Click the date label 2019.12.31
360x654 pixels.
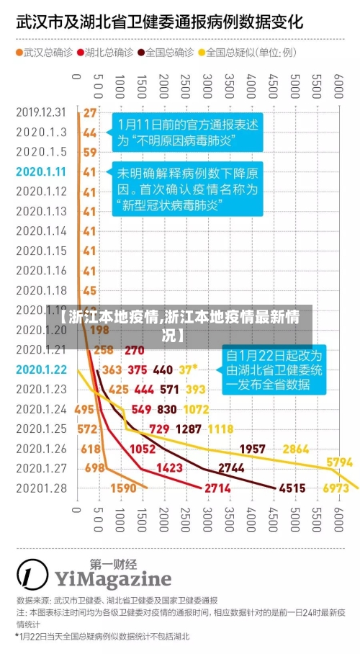click(x=41, y=112)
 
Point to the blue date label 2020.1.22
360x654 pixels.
click(x=41, y=369)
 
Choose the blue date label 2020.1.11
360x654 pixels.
click(x=41, y=171)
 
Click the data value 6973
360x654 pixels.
click(x=336, y=488)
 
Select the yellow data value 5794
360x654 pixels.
click(x=339, y=462)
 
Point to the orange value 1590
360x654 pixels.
click(x=123, y=488)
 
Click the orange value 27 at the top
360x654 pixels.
click(x=89, y=112)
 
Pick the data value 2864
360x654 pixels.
click(x=296, y=449)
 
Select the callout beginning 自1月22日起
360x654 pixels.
click(x=274, y=369)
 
